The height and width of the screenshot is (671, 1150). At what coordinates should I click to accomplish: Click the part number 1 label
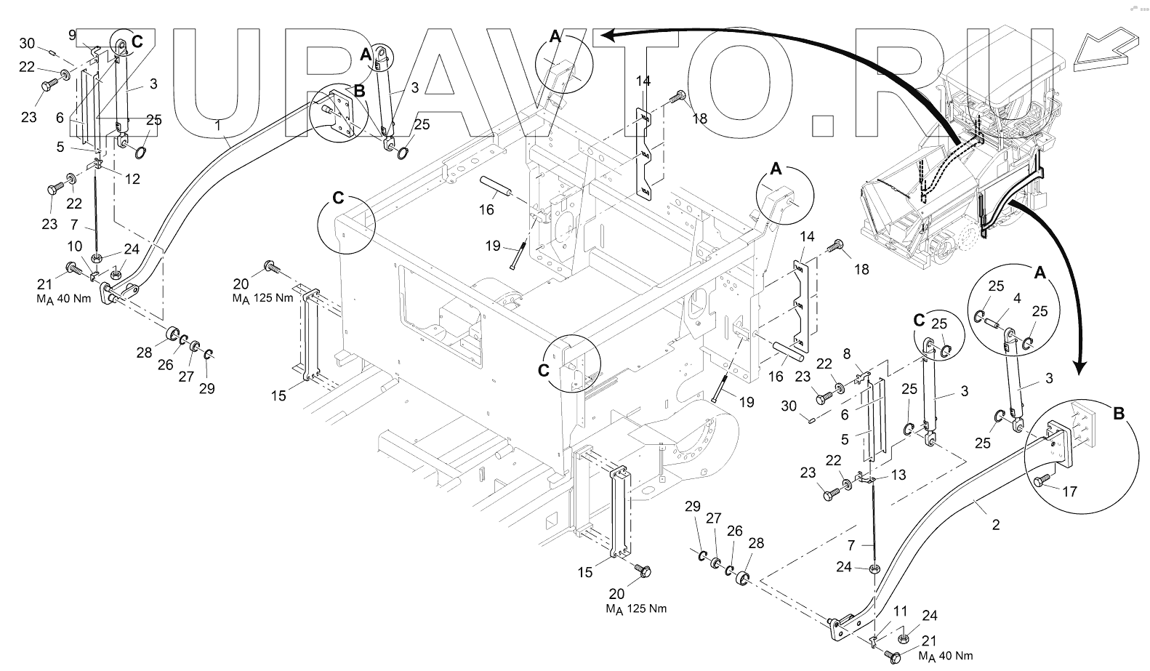217,125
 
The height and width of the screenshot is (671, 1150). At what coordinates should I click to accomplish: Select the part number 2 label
995,524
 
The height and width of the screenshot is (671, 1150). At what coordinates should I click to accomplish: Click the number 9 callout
72,34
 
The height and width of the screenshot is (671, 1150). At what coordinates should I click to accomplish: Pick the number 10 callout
75,247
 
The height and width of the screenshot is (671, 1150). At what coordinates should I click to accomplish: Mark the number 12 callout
133,179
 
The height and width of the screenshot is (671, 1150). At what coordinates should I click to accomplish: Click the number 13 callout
898,475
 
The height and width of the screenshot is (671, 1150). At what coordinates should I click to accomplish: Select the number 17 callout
1069,491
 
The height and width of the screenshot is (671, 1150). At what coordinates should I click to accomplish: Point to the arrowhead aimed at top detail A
609,34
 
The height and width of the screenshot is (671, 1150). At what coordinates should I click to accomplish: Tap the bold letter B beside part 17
1119,414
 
